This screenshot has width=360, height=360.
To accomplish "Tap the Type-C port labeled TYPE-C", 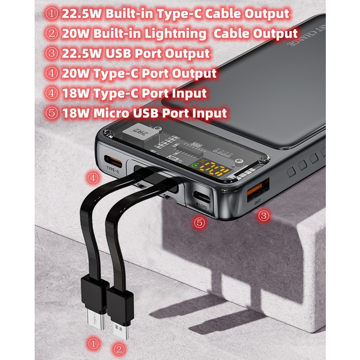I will [x=113, y=161].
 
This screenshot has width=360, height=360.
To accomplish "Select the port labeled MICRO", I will [x=201, y=197].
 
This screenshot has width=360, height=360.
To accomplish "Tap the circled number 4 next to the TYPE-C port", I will [x=93, y=178].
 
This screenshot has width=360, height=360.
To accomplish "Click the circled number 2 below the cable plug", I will [x=119, y=350].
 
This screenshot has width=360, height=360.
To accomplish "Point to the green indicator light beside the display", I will [x=196, y=167].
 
